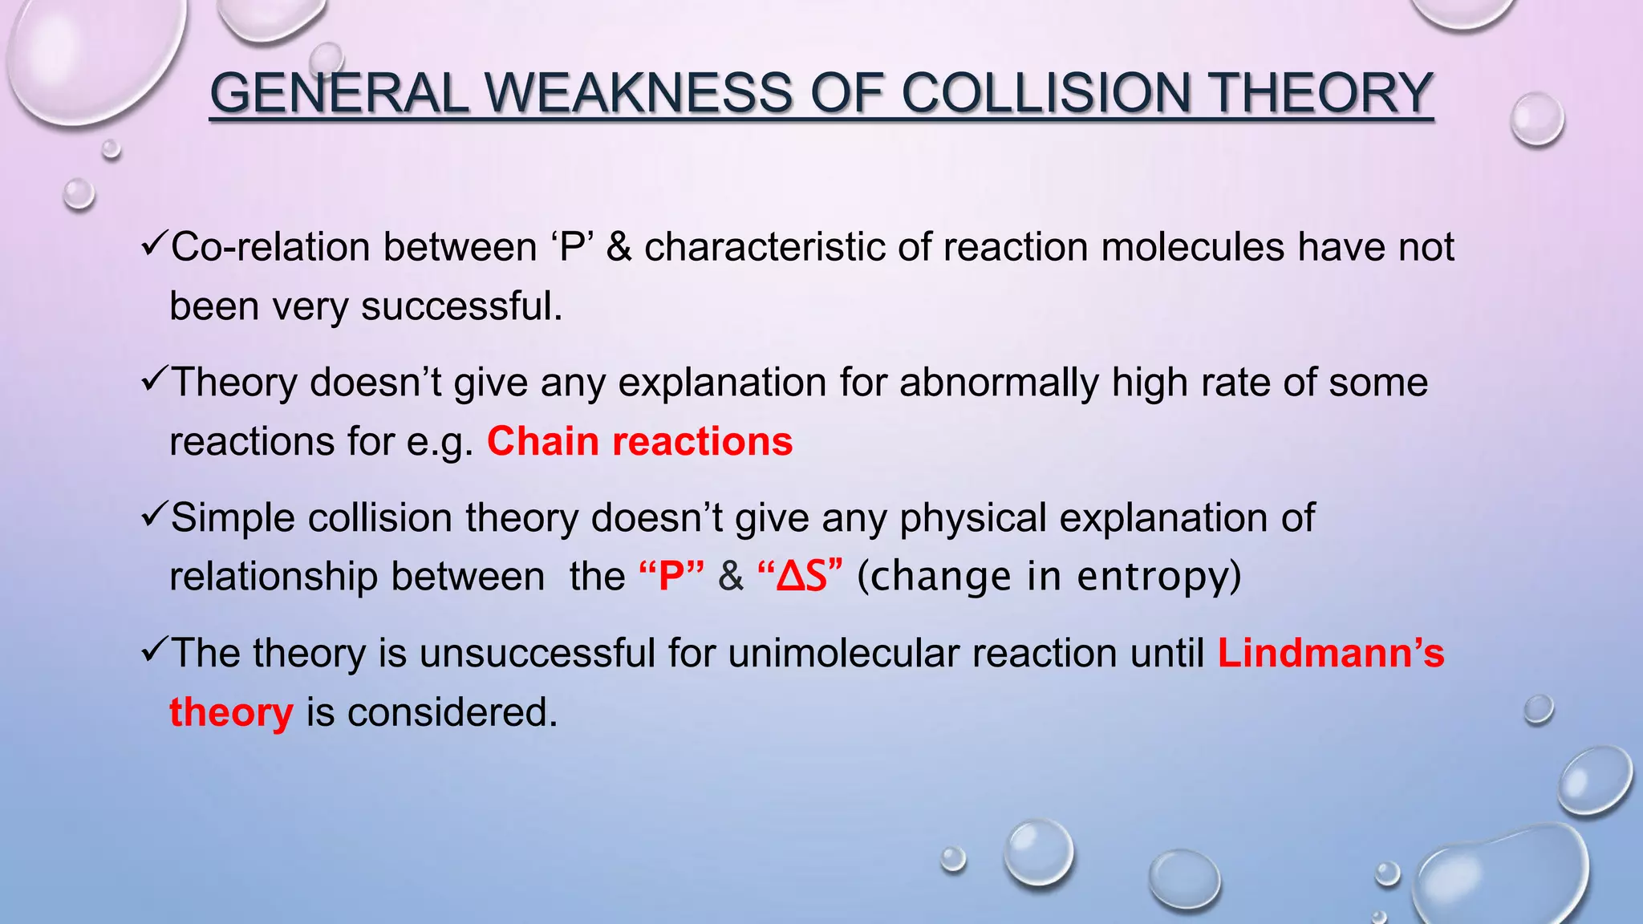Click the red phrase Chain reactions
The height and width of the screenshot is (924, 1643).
639,441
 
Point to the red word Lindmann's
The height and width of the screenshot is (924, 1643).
1330,653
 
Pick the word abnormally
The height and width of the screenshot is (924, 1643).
999,382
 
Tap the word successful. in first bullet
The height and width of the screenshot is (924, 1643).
462,306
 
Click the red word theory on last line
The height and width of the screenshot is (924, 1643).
231,712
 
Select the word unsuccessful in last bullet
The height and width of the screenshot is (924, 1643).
538,653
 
